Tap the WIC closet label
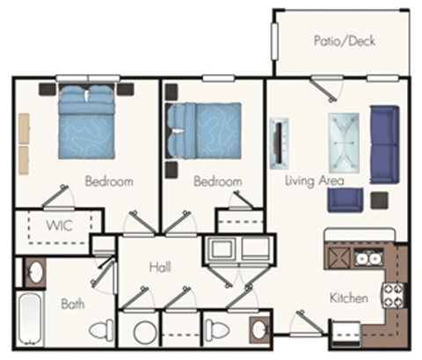pos(59,225)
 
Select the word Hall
pos(160,267)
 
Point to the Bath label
pos(73,304)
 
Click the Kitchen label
pos(349,298)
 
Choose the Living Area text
pos(315,181)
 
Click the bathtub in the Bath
pos(33,318)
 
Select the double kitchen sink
pos(368,259)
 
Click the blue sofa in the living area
pos(384,144)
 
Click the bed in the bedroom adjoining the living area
pos(203,129)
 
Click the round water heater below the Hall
pos(144,333)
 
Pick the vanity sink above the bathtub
pos(34,274)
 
